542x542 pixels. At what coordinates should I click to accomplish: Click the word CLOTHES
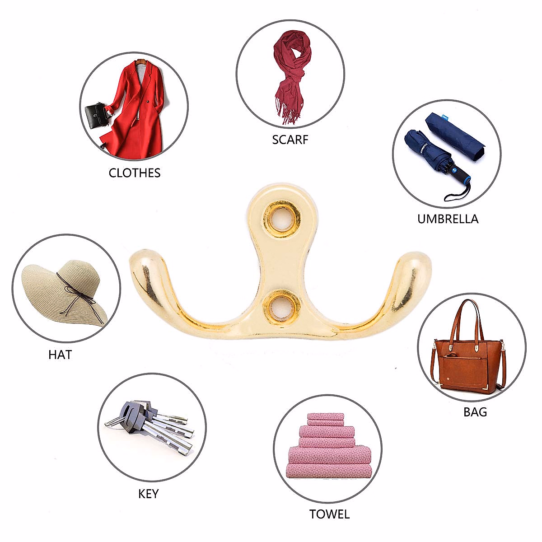135,173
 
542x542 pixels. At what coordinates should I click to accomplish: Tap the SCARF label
290,140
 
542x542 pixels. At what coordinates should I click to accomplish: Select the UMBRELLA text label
448,219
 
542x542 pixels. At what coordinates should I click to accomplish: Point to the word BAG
475,412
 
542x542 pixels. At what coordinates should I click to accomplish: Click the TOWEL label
329,514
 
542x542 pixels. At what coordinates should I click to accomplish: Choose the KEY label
149,494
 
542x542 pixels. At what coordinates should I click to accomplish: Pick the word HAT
60,355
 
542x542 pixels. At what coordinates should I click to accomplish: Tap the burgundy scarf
291,72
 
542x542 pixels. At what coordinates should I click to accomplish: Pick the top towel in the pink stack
325,416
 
